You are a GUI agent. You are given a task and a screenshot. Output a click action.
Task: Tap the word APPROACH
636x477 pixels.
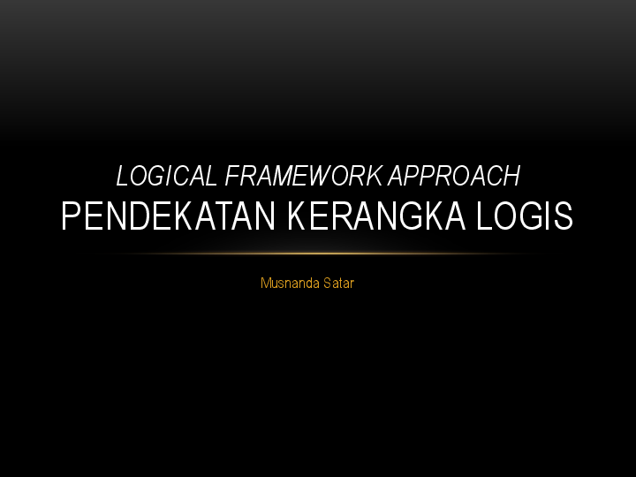456,177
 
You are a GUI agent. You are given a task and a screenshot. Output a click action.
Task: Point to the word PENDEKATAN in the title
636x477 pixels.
164,216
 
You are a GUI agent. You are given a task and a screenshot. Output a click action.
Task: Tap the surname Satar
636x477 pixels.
338,284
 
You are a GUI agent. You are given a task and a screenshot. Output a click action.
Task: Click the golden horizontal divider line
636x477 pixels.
318,254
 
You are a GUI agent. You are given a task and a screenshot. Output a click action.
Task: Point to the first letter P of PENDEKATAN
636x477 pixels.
71,216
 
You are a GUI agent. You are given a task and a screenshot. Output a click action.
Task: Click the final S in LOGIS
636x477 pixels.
564,216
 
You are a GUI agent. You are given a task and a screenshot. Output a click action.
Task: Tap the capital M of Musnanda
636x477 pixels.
265,284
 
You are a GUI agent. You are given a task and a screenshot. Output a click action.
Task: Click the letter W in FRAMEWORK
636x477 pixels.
322,177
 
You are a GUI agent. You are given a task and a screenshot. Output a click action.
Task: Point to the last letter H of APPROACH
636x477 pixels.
511,177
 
